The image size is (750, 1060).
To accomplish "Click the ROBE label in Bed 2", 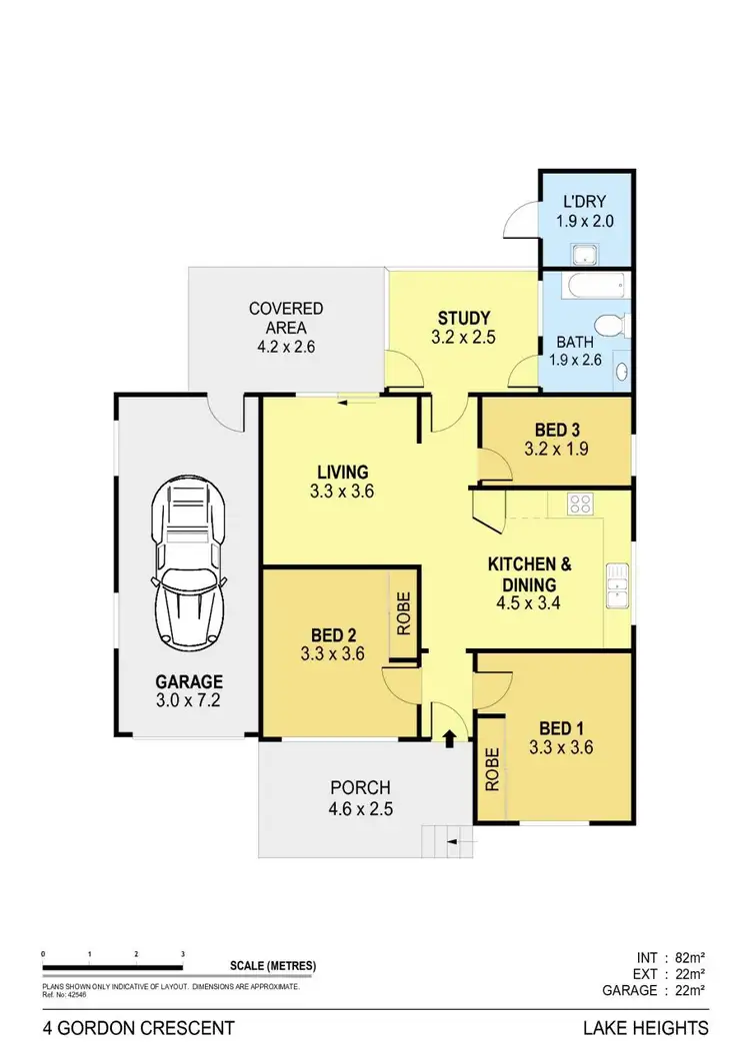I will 404,614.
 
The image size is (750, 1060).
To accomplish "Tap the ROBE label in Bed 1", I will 491,770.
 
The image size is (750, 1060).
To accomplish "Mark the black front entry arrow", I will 449,739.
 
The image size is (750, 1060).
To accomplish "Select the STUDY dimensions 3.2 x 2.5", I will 462,337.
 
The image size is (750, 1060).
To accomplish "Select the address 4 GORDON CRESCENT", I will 139,1027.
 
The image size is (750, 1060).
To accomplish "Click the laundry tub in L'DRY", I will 580,253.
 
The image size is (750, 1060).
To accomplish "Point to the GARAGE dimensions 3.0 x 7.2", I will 188,700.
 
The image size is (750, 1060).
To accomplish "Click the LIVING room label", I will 343,472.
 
